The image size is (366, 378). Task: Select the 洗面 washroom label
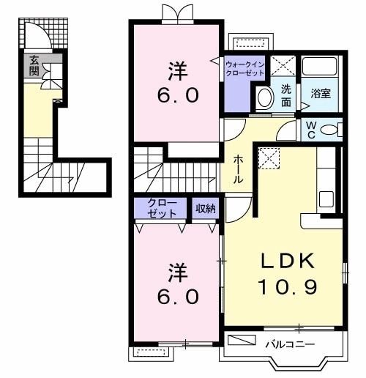coord(285,96)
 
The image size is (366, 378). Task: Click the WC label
coord(311,130)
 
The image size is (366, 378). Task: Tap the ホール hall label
coord(239,168)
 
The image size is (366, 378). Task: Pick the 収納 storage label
coord(205,208)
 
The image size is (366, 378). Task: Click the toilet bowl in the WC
coord(331,130)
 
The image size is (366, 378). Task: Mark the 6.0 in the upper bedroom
coord(176,96)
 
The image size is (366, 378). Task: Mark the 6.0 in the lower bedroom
coord(176,297)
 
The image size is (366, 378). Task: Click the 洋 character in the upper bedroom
coord(176,72)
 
